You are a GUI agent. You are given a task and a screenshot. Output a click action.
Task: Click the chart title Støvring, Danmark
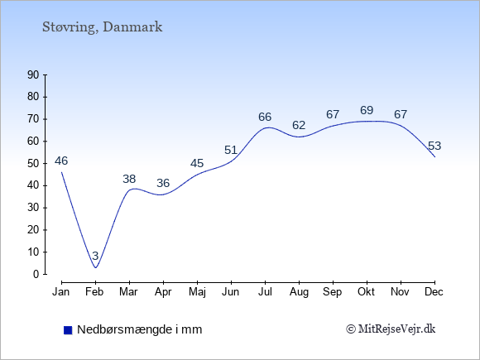coord(102,27)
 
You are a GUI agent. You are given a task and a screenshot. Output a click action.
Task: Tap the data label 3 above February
coord(95,256)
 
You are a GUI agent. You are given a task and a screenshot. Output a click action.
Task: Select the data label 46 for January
coord(61,161)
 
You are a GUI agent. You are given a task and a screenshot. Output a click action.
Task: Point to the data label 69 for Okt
coord(367,110)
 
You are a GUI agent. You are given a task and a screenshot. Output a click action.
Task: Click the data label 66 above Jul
coord(265,117)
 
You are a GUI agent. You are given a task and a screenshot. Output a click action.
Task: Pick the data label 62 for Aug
coord(299,125)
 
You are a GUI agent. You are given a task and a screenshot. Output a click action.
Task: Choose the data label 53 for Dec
coord(434,146)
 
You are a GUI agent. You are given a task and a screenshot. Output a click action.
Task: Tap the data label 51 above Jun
coord(231,150)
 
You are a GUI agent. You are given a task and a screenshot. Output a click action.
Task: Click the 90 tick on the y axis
coord(33,75)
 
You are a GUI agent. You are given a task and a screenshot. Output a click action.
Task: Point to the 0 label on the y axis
coord(36,274)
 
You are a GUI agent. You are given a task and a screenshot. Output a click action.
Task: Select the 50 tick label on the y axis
coord(33,164)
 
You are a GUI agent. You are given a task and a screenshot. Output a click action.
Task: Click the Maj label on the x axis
coord(197,292)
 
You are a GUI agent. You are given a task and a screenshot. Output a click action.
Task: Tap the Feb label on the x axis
coord(94,292)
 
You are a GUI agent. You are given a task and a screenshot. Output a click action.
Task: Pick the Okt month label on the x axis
coord(366,292)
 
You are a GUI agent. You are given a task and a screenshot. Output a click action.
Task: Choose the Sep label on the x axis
coord(332,292)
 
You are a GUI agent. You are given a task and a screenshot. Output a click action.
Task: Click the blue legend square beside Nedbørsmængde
coord(68,330)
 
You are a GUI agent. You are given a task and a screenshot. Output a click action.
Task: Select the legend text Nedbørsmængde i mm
coord(140,329)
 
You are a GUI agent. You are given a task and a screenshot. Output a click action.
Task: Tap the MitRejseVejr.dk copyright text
coord(391,329)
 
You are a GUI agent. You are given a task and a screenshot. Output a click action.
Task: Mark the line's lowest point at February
coord(95,267)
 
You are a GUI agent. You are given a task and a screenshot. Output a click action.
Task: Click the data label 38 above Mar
coord(129,179)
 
